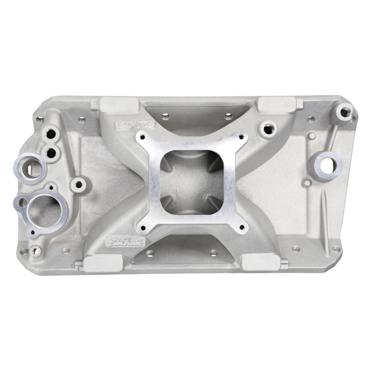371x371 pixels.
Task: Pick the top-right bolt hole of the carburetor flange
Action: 241,136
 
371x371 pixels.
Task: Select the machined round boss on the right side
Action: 328,163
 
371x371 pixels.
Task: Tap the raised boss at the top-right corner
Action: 345,111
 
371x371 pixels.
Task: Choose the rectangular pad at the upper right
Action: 276,104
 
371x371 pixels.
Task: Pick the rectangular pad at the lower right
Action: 261,262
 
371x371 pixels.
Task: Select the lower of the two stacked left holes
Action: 51,152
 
